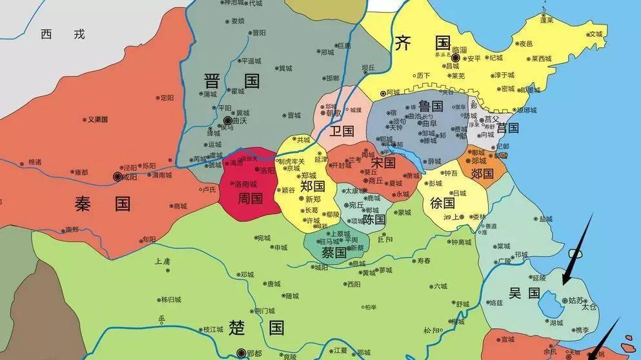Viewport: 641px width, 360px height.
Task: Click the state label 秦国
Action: (103, 204)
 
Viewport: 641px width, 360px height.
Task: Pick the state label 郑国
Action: (312, 186)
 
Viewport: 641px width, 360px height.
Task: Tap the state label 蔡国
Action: (334, 252)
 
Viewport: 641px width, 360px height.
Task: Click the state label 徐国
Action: (442, 203)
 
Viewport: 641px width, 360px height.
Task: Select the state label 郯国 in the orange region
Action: (482, 173)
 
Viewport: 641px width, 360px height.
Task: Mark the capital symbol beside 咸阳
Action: (117, 175)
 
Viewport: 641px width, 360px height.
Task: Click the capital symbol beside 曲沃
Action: (227, 121)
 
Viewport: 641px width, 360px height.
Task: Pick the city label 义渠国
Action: (97, 119)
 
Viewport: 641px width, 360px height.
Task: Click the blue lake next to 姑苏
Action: (551, 303)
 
